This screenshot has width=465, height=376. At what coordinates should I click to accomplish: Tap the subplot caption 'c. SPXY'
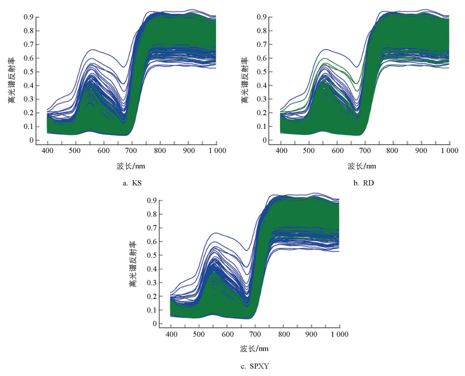coord(254,366)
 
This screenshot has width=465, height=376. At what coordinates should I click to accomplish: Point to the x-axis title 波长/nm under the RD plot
coord(362,166)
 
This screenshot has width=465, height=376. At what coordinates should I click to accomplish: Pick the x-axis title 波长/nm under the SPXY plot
coord(254,349)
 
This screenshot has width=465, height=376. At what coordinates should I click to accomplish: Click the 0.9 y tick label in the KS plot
coord(29,17)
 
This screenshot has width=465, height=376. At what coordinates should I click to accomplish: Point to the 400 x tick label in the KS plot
coord(47,150)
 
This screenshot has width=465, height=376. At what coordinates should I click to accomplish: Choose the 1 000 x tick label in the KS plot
coord(215,150)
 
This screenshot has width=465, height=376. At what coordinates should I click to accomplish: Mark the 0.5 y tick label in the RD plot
coord(261,72)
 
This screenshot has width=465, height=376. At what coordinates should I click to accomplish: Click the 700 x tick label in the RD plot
coord(365,150)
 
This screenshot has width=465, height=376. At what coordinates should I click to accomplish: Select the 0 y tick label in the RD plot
coord(265,140)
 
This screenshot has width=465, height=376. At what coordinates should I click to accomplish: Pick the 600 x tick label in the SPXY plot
coord(227,334)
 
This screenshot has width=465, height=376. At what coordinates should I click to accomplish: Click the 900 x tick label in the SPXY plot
coord(311,334)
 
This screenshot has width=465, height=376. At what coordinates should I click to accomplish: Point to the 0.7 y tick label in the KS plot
coord(29,45)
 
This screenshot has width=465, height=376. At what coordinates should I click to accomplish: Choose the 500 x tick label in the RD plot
coord(308,150)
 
